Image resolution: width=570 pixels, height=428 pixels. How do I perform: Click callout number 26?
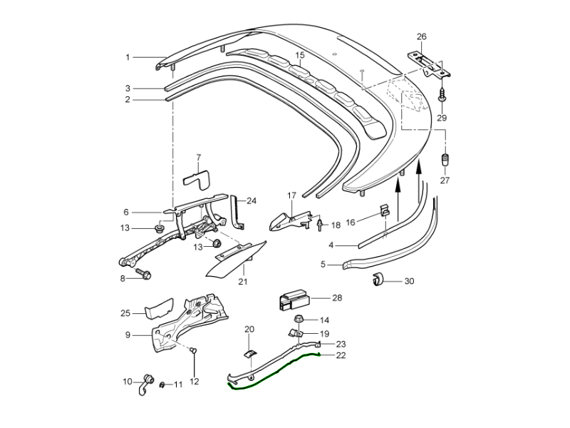[x=422, y=36]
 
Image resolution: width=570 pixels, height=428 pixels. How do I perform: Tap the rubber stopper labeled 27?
[x=445, y=158]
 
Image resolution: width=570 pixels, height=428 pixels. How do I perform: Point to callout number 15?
[x=300, y=55]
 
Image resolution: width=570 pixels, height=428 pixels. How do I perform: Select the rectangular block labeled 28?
[x=294, y=297]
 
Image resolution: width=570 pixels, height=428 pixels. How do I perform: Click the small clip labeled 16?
[x=383, y=212]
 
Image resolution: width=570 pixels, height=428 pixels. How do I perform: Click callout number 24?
[x=251, y=201]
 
